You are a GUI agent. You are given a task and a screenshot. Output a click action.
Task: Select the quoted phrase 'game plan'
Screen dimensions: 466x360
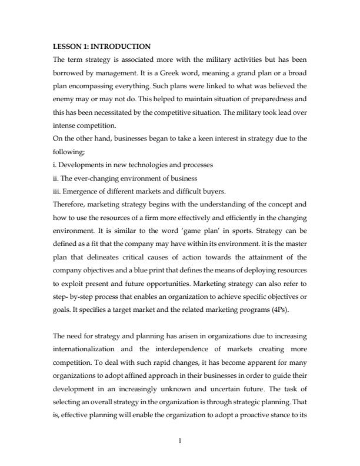(x=238, y=231)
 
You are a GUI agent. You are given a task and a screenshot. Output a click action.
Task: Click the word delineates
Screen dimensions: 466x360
(x=98, y=258)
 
